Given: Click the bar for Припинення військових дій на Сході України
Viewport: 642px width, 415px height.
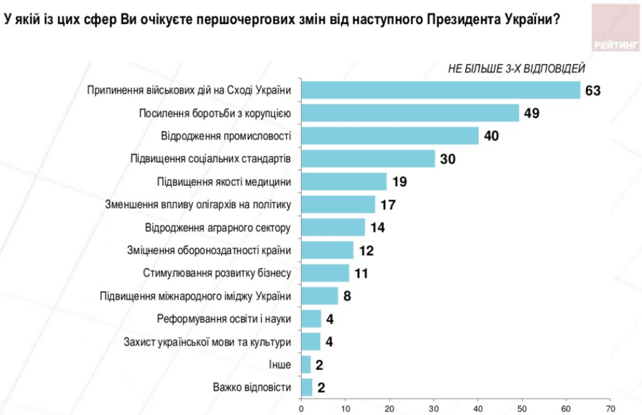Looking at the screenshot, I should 440,90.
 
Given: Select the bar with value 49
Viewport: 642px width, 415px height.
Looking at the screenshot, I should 410,114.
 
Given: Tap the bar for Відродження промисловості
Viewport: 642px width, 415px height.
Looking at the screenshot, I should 390,136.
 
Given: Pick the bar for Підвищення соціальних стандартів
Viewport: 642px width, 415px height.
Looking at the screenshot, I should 368,159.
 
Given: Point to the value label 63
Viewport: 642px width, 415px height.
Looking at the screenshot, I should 592,90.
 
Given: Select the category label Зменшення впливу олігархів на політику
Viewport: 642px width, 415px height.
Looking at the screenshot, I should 198,205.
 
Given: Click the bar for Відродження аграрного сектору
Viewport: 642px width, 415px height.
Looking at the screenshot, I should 333,228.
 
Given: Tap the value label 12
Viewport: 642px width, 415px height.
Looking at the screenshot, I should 367,251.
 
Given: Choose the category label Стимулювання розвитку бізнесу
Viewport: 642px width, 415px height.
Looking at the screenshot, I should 216,273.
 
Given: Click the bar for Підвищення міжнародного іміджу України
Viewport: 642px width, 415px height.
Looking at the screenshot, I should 319,296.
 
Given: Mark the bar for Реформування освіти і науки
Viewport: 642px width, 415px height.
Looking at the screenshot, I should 311,319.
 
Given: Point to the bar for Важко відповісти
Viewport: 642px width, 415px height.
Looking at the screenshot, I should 306,387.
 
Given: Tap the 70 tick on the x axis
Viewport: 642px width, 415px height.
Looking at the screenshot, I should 610,408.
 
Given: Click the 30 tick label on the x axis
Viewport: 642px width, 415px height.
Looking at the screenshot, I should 433,408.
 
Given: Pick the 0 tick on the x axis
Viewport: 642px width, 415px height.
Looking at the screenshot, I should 301,408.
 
